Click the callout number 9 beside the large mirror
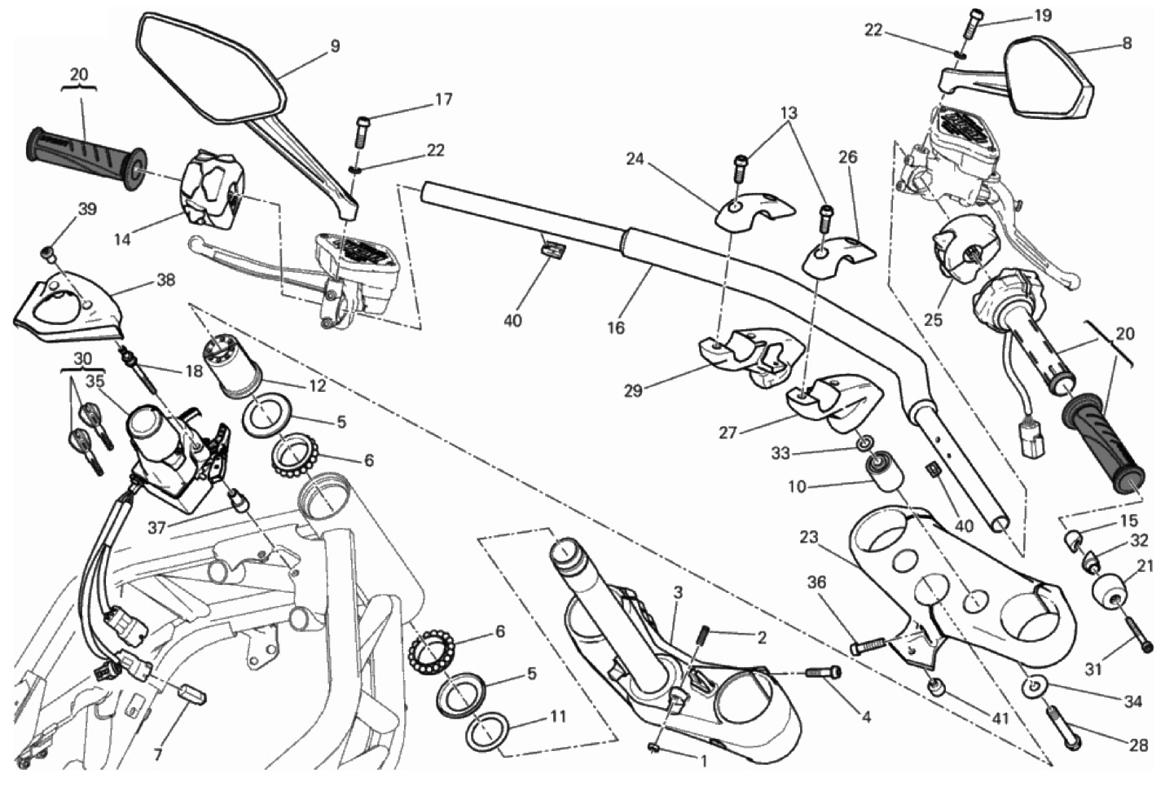click(x=335, y=46)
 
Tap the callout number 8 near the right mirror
click(x=1127, y=44)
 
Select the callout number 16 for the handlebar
click(x=616, y=327)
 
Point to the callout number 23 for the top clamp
click(x=808, y=538)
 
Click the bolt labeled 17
click(x=363, y=128)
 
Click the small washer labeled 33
click(x=863, y=445)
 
